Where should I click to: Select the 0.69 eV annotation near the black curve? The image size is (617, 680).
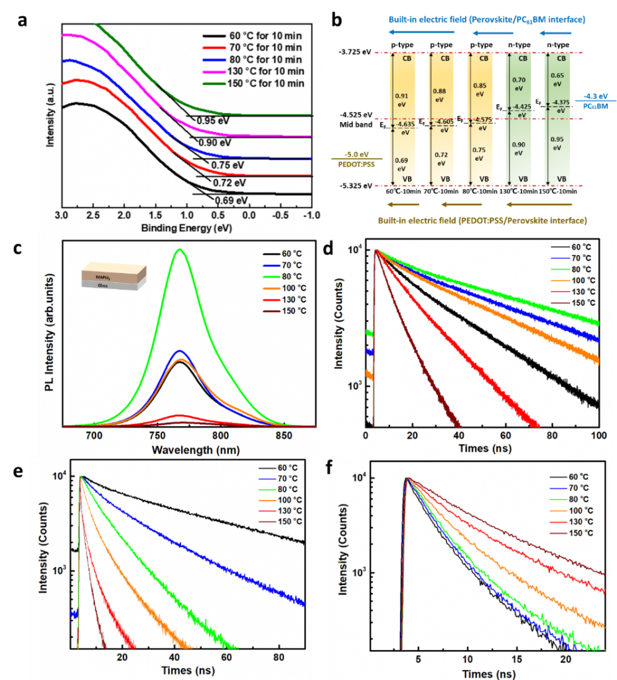coord(232,199)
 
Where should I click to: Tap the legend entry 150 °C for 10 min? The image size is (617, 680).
coord(253,83)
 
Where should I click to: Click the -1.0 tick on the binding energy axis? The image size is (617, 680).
coord(311,215)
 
